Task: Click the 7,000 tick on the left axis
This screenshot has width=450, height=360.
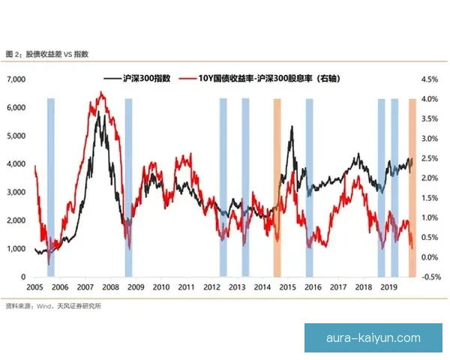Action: (x=17, y=79)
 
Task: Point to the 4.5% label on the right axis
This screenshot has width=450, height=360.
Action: (x=430, y=79)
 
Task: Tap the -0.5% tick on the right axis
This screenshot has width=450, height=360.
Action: (x=430, y=277)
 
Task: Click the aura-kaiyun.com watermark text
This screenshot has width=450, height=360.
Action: (x=373, y=338)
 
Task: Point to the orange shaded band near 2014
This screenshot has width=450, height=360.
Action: (x=277, y=187)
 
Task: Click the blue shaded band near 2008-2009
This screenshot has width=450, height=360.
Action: (x=128, y=187)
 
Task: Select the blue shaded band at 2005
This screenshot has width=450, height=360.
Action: (x=50, y=187)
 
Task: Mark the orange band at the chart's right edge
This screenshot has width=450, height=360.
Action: (x=412, y=187)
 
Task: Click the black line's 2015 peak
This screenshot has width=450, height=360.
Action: (x=291, y=127)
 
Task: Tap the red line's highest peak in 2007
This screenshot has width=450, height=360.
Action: (x=102, y=92)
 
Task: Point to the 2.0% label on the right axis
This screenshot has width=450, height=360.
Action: (x=430, y=178)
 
